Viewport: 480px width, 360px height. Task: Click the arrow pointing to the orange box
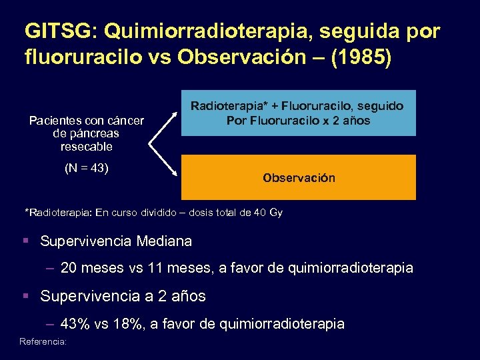164,161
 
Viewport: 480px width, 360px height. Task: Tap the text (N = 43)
87,168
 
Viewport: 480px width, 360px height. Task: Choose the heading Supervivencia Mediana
116,241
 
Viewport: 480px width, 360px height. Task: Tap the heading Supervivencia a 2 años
123,295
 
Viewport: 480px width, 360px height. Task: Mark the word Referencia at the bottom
43,341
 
